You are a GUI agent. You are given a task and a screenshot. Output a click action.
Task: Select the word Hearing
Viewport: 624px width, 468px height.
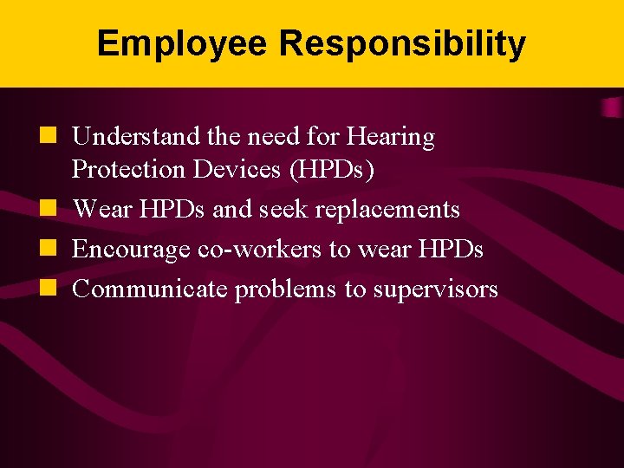coord(390,137)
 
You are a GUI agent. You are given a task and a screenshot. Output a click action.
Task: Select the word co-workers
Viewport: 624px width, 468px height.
coord(259,250)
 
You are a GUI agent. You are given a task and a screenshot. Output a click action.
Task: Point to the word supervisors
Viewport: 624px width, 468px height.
coord(435,290)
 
